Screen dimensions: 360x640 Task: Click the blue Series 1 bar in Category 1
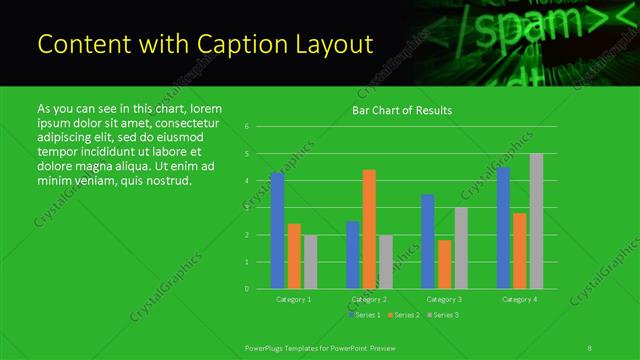click(x=277, y=231)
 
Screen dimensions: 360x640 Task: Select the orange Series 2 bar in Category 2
click(x=369, y=229)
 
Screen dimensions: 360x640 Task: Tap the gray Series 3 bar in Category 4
click(x=536, y=221)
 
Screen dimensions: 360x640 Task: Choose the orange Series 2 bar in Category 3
click(x=444, y=264)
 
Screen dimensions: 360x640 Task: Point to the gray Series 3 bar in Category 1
click(x=310, y=262)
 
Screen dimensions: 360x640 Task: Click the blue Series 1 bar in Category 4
click(x=503, y=228)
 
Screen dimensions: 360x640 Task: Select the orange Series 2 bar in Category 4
click(x=519, y=251)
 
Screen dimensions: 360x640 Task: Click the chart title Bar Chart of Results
click(x=402, y=110)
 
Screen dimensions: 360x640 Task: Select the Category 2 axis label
click(x=369, y=299)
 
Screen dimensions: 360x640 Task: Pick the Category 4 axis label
click(x=519, y=299)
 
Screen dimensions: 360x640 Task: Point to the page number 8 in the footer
click(x=590, y=347)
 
